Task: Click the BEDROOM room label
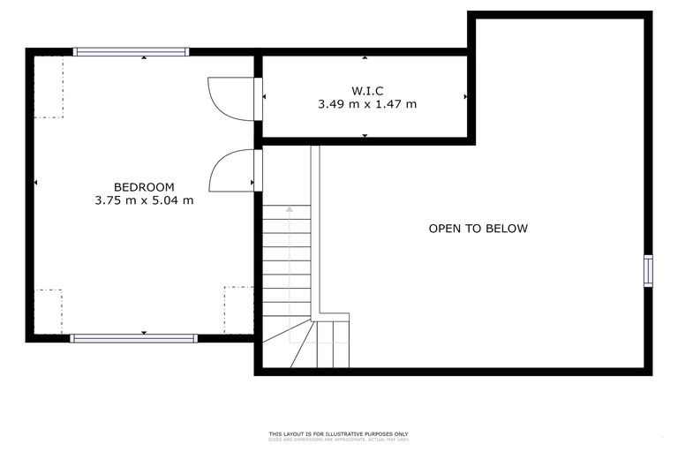[144, 187]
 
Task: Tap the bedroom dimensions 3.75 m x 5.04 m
[144, 200]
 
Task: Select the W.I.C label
[366, 90]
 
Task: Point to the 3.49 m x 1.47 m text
[366, 104]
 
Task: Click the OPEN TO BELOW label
[478, 229]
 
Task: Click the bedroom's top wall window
[131, 51]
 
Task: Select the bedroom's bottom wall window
[133, 338]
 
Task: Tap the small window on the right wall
[648, 271]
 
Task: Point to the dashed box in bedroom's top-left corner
[49, 87]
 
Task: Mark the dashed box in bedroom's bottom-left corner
[49, 311]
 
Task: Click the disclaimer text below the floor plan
[338, 435]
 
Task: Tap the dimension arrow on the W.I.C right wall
[465, 96]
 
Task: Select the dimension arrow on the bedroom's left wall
[35, 184]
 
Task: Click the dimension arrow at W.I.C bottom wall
[365, 136]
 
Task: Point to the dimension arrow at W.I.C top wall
[365, 57]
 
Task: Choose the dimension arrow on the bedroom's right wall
[252, 184]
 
